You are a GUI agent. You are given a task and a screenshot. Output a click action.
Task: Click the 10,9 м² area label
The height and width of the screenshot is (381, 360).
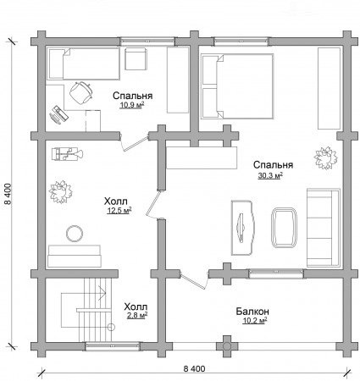[132, 105]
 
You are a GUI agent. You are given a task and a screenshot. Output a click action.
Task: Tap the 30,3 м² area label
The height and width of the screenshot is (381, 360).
[270, 176]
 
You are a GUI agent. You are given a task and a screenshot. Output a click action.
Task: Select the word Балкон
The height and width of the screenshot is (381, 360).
[252, 312]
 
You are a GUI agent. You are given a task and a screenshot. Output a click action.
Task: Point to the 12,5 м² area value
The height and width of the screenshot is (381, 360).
[119, 210]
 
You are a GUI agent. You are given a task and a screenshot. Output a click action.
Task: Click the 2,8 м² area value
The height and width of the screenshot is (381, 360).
[137, 315]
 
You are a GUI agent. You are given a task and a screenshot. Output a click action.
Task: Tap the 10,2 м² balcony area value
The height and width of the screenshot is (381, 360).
[255, 321]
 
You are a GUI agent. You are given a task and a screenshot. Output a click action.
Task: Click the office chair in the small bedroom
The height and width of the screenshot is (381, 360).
[81, 92]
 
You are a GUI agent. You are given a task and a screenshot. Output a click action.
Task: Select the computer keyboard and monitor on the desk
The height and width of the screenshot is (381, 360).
[58, 114]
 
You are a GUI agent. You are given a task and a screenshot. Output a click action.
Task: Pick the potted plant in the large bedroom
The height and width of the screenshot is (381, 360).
[326, 157]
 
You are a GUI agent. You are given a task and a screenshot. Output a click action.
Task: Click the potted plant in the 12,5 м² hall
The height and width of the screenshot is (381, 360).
[60, 192]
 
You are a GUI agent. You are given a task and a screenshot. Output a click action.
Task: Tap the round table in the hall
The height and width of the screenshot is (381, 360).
[75, 234]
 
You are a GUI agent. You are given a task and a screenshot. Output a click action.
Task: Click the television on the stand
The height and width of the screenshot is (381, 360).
[241, 228]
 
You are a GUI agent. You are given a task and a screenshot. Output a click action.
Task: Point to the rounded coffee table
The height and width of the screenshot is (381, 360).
[284, 228]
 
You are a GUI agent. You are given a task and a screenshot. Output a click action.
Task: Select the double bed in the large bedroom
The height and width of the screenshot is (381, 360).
[237, 86]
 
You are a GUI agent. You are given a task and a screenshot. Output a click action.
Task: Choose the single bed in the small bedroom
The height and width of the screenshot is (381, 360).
[84, 63]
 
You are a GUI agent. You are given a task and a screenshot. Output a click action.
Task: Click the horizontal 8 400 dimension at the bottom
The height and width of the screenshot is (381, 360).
[194, 368]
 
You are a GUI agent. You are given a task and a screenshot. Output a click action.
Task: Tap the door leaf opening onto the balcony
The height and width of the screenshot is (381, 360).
[193, 281]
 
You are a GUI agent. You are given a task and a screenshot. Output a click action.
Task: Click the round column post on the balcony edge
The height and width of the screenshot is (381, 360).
[227, 346]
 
